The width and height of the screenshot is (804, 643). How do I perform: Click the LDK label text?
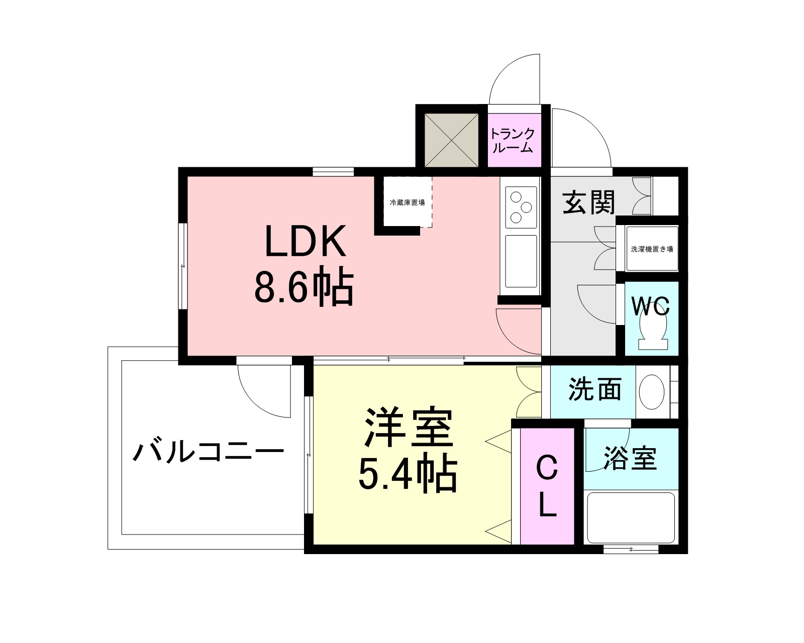(x=306, y=242)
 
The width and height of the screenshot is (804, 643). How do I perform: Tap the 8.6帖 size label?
(x=304, y=288)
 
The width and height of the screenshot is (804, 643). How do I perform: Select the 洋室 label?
(x=409, y=428)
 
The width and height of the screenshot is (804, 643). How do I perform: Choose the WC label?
(x=650, y=305)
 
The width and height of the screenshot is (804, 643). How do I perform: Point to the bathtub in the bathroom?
(x=630, y=518)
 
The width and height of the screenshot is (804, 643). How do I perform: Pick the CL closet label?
(x=547, y=486)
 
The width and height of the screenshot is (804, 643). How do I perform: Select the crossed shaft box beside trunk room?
(x=451, y=141)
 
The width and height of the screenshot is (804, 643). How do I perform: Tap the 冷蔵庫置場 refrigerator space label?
(x=408, y=203)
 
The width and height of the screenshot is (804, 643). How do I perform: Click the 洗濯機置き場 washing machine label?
(x=652, y=249)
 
